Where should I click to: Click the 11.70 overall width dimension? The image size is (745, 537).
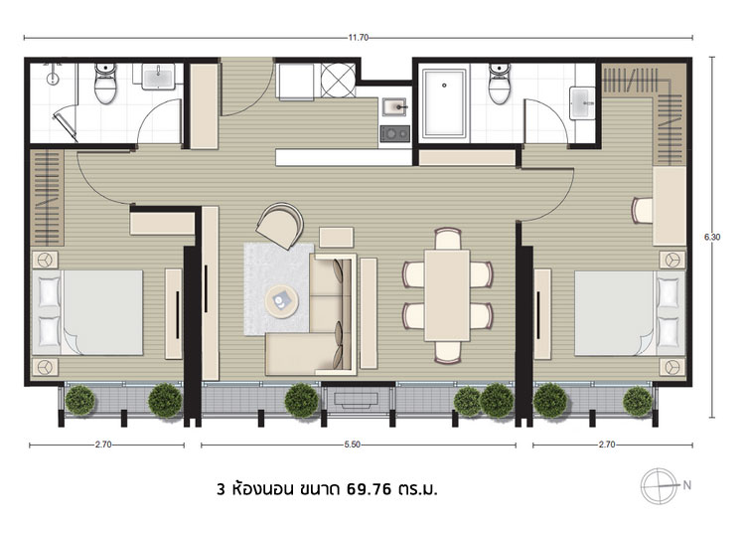(359, 38)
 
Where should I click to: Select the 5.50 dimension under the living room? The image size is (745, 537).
(352, 445)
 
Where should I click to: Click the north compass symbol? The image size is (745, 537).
(659, 486)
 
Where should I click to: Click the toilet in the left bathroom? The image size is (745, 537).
(105, 84)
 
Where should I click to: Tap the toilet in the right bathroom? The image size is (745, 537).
(500, 84)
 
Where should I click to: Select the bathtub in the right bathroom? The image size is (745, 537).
(444, 102)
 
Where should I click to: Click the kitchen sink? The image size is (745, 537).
(394, 107)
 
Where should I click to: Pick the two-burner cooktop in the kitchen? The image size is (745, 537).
(394, 133)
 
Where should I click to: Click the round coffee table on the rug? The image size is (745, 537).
(281, 300)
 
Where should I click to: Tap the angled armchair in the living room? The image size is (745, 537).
(280, 226)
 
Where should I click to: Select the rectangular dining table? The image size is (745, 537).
(447, 295)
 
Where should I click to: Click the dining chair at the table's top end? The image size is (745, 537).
(448, 239)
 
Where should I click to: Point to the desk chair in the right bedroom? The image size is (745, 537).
(643, 210)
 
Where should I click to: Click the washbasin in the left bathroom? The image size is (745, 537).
(158, 77)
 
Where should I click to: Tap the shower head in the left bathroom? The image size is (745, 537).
(53, 78)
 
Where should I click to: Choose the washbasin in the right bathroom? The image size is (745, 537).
(582, 102)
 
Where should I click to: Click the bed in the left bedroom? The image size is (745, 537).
(87, 312)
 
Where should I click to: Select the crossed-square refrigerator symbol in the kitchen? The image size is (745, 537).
(338, 80)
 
